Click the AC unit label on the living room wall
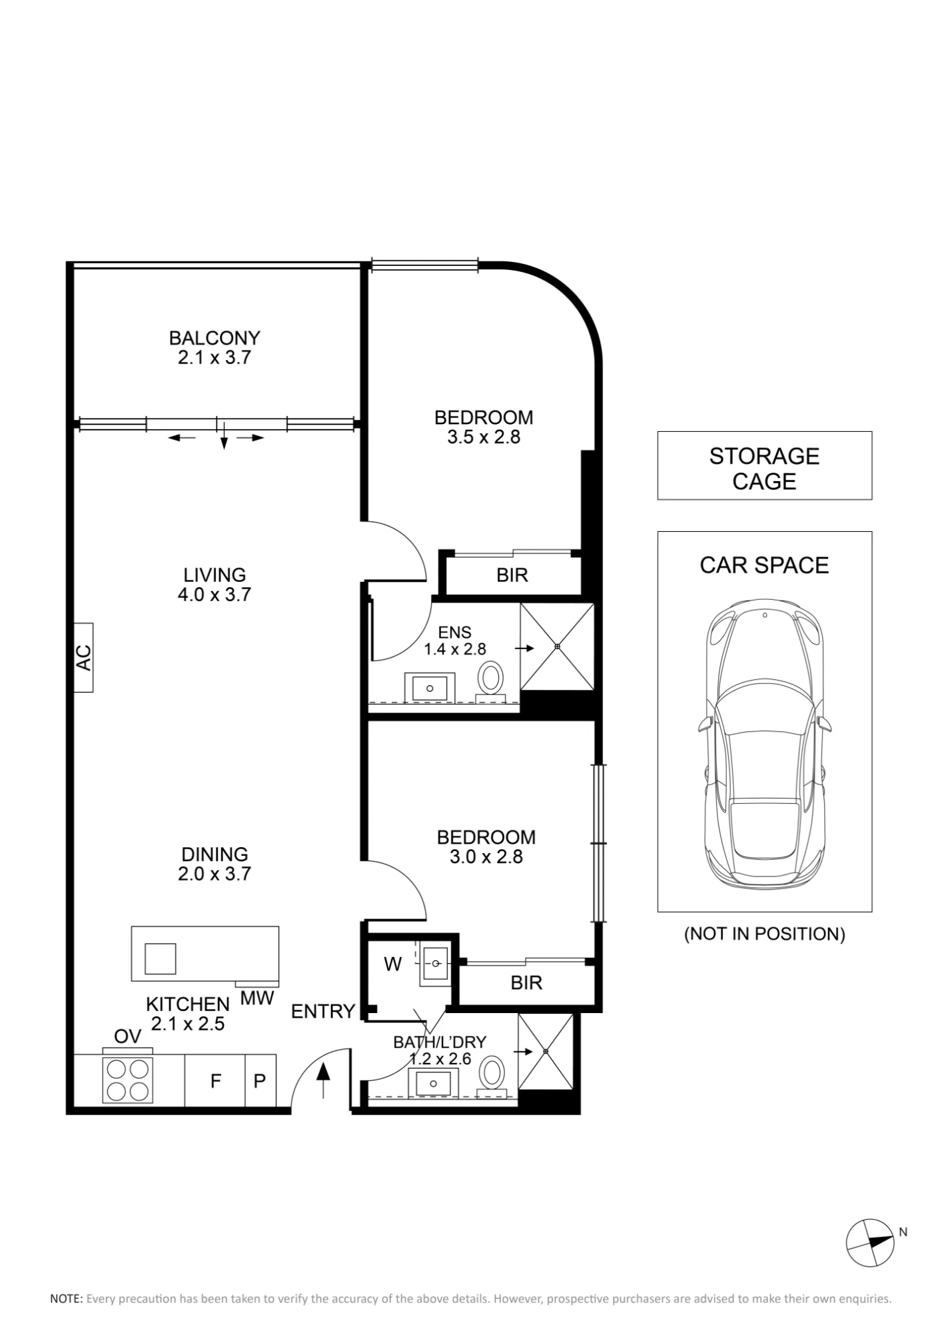point(83,657)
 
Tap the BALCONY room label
point(215,338)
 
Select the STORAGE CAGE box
point(764,465)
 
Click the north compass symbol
point(870,1243)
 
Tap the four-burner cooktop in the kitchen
point(128,1079)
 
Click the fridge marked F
point(215,1080)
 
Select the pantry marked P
point(260,1080)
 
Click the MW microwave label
point(257,998)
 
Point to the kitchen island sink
point(160,958)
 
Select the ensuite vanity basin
point(430,687)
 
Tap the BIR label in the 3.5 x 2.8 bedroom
point(512,575)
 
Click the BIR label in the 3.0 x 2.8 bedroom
point(526,982)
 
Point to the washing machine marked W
point(393,964)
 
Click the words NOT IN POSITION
point(764,934)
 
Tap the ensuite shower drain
point(557,647)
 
